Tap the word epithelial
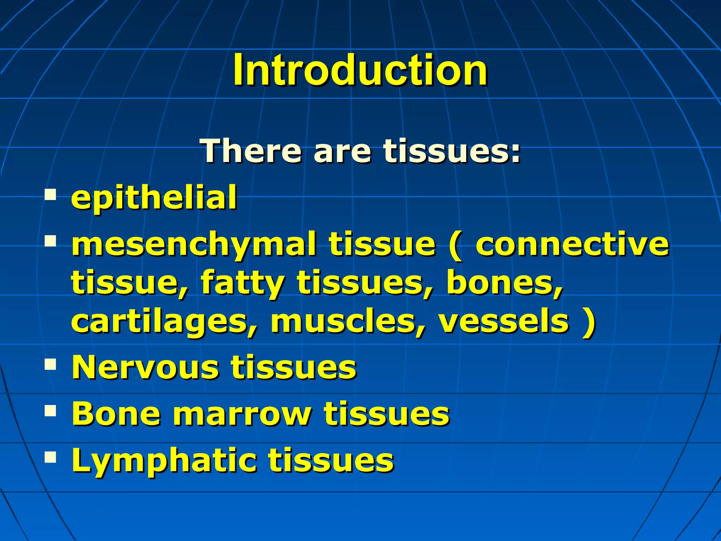[154, 198]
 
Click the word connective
[572, 244]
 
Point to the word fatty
[242, 284]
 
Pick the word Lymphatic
[164, 461]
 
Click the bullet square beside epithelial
[51, 195]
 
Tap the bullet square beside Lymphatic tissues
[51, 457]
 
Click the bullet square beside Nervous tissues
[51, 365]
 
